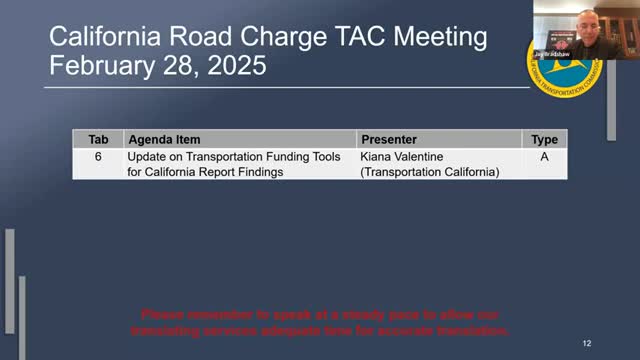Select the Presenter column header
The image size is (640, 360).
click(388, 140)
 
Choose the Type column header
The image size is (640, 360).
click(544, 140)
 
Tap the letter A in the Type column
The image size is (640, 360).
click(544, 157)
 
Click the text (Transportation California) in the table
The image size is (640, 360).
click(429, 171)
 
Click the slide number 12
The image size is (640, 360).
click(586, 342)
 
